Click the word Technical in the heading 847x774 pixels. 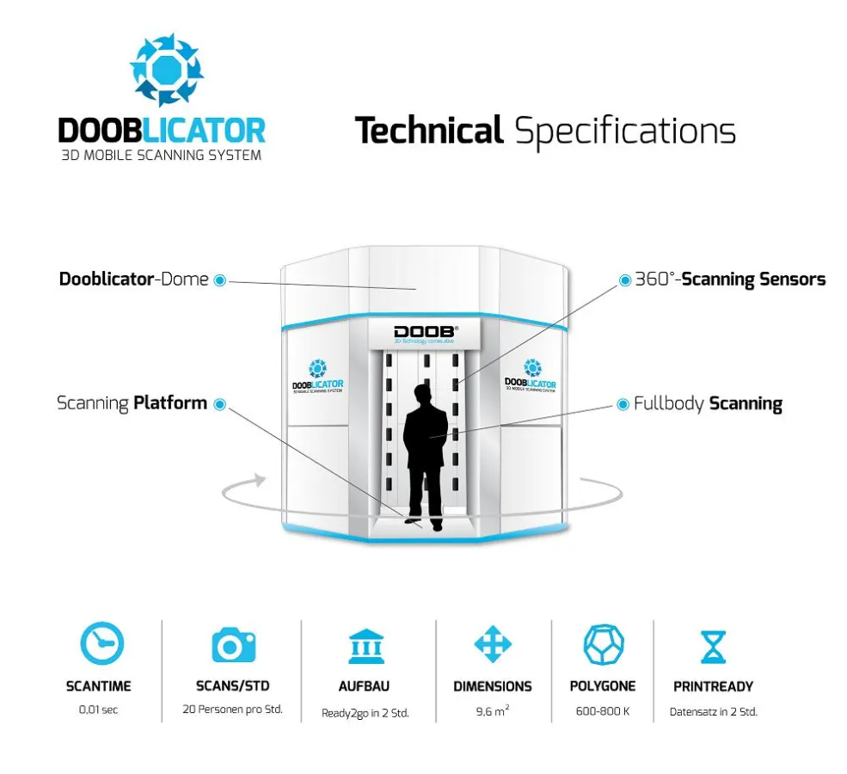(428, 132)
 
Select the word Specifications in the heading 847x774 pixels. (625, 132)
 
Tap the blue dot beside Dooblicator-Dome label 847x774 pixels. (220, 279)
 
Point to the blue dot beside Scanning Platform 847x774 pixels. (220, 403)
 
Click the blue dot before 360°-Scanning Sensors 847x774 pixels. (625, 279)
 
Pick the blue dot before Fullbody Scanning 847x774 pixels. (624, 403)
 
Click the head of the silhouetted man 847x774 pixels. (421, 395)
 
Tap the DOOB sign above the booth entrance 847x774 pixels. (426, 332)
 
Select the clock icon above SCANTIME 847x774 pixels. (101, 643)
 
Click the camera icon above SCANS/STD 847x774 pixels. (233, 644)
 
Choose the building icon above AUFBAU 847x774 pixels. (367, 645)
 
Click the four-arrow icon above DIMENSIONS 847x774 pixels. (493, 644)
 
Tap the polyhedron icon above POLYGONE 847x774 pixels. (604, 644)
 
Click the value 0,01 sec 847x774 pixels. (98, 711)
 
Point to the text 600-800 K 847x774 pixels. (603, 711)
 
